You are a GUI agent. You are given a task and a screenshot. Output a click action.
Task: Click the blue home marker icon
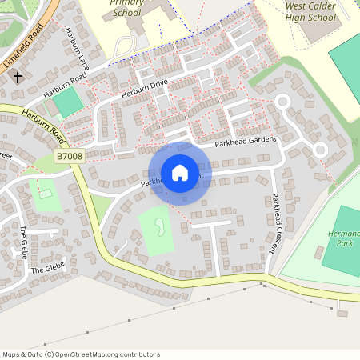tap(179, 173)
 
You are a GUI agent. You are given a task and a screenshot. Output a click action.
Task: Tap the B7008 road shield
tap(70, 158)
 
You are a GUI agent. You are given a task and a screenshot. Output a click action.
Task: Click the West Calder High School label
tap(310, 11)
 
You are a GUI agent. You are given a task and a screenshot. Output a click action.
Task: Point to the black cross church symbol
tap(17, 78)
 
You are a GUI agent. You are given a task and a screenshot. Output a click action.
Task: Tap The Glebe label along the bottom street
tap(47, 269)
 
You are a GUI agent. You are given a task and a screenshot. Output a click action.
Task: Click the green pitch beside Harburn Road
tap(69, 102)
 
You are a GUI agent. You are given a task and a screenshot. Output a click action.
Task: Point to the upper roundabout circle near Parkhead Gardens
tap(282, 101)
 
